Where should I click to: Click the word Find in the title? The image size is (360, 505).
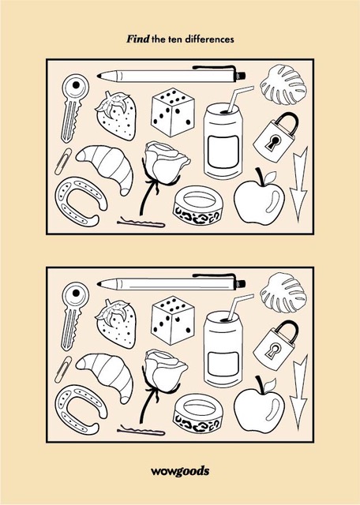click(137, 39)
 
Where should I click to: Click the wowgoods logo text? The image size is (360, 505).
click(180, 471)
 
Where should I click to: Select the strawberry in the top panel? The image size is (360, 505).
click(116, 116)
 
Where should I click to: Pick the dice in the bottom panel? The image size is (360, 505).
click(173, 320)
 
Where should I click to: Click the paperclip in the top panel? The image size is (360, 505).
click(63, 161)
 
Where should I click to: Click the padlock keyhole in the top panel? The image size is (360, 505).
click(273, 142)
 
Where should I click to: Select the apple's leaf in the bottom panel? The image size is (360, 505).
click(271, 384)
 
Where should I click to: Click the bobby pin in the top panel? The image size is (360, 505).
click(141, 223)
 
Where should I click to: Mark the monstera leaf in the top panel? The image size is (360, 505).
click(283, 84)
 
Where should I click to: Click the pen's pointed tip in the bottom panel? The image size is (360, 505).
click(99, 284)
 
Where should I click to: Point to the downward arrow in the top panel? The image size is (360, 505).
click(298, 184)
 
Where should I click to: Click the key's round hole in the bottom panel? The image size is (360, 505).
click(76, 293)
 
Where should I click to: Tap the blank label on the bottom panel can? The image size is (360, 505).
click(223, 364)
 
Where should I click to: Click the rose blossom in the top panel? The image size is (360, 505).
click(166, 163)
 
